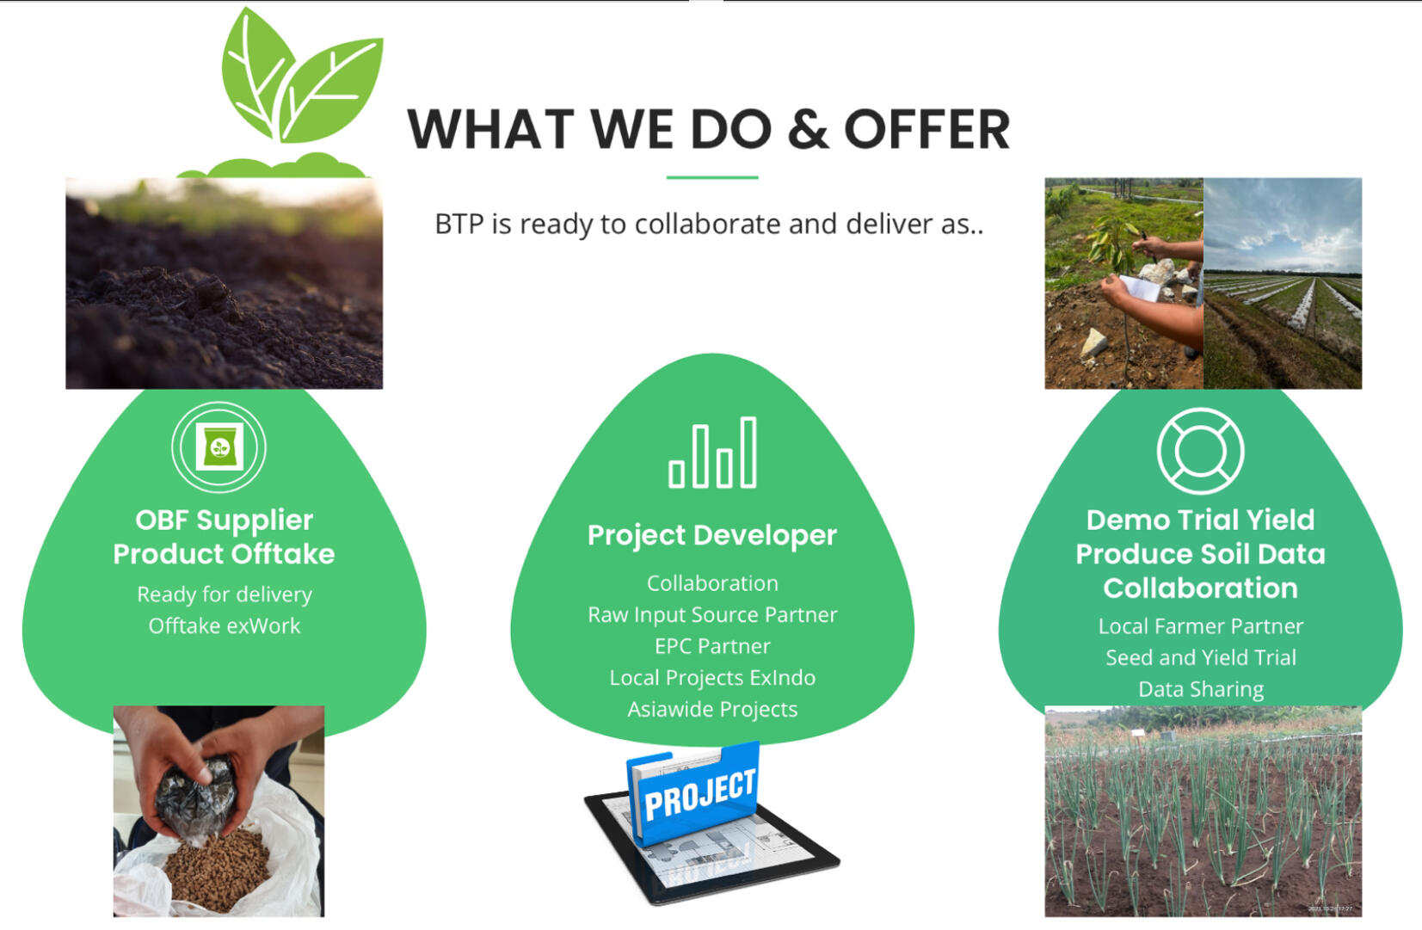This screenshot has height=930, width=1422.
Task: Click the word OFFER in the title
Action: [x=926, y=129]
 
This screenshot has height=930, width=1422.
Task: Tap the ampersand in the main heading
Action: [x=808, y=129]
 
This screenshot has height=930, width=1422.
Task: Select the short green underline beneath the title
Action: [x=712, y=177]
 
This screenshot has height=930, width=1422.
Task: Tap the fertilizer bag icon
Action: [x=219, y=447]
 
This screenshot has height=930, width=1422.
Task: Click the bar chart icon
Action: [x=712, y=453]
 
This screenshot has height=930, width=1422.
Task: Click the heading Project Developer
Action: [x=712, y=536]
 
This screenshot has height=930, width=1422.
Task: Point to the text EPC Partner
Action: [x=712, y=646]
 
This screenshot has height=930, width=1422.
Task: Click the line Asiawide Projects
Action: [x=712, y=709]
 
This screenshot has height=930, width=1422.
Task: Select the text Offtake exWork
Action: [x=224, y=626]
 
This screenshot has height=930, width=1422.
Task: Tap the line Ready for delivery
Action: [x=224, y=594]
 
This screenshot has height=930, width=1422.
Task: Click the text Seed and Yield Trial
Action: [x=1200, y=657]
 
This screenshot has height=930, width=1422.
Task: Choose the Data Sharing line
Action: [x=1200, y=689]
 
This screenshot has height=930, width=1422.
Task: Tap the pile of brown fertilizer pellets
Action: [x=216, y=870]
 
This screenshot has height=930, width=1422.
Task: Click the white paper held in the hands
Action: [x=1141, y=287]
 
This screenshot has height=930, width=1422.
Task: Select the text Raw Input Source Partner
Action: [x=712, y=614]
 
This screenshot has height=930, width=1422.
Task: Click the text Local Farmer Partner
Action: [x=1200, y=626]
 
